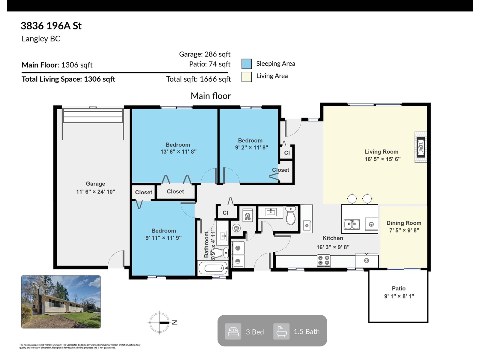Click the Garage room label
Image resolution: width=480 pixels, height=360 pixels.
coord(95,184)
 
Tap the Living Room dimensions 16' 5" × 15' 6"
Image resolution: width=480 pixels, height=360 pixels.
coord(382,159)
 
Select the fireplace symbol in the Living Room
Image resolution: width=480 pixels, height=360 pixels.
coord(421,147)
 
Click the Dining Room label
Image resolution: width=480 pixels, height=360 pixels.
coord(404,223)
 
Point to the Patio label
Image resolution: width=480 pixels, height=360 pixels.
coord(399,289)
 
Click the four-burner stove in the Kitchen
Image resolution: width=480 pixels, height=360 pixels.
coord(324,260)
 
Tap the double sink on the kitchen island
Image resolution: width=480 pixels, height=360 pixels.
coord(352,224)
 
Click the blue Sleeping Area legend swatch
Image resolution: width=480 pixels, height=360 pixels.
coord(247,64)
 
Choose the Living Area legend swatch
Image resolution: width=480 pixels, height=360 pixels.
coord(247,77)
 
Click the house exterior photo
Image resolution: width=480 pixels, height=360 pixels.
coord(61,302)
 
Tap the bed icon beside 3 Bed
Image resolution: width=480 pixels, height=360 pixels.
coord(233,331)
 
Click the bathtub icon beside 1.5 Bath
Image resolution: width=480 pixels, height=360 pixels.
coord(281,331)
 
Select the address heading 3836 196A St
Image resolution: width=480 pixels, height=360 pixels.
coord(51,26)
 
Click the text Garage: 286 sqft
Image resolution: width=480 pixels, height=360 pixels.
coord(205,54)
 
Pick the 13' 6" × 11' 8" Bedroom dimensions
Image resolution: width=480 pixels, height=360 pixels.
coord(178,152)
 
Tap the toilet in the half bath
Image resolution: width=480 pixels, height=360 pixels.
coord(291,215)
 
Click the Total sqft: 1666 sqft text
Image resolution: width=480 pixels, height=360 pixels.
coord(198,79)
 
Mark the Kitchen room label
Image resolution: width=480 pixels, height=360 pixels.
coord(333,238)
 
